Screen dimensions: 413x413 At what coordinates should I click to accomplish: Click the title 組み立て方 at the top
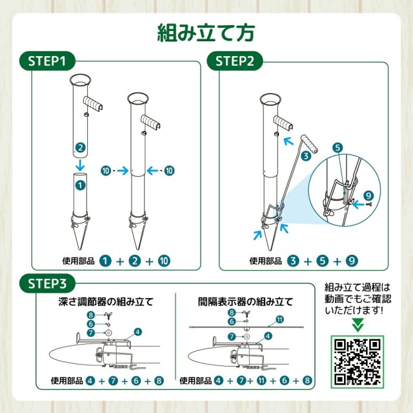coord(206,32)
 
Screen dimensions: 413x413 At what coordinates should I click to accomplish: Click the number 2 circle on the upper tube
coord(79,148)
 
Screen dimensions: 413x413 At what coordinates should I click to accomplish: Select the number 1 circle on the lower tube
coord(79,184)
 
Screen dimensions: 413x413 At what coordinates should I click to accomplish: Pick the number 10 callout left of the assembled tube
coord(106,171)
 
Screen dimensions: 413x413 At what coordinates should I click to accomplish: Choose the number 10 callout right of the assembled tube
coord(169,171)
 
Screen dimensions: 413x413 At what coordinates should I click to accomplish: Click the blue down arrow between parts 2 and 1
coord(79,166)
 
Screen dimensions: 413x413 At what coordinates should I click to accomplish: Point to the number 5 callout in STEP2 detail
coord(336,147)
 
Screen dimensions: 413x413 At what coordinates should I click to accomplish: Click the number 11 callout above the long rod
coord(279,319)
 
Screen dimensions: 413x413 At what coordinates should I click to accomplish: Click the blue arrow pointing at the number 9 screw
coord(356,202)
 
